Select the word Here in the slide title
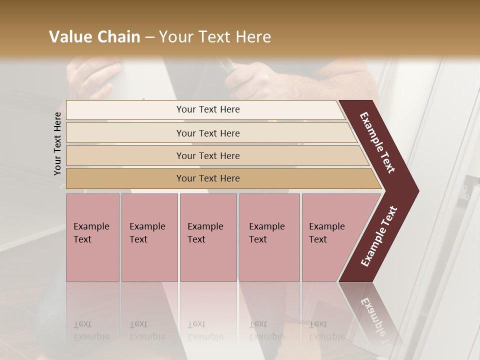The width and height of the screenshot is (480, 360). (253, 37)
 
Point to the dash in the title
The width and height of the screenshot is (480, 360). (149, 37)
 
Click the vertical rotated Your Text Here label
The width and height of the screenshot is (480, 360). (57, 143)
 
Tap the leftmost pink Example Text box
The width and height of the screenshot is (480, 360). (92, 237)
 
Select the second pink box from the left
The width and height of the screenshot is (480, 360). (149, 237)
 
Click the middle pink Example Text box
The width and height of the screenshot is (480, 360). (208, 237)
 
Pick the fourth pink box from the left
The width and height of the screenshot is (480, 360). (269, 237)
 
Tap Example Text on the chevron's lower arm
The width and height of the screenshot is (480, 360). (379, 236)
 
